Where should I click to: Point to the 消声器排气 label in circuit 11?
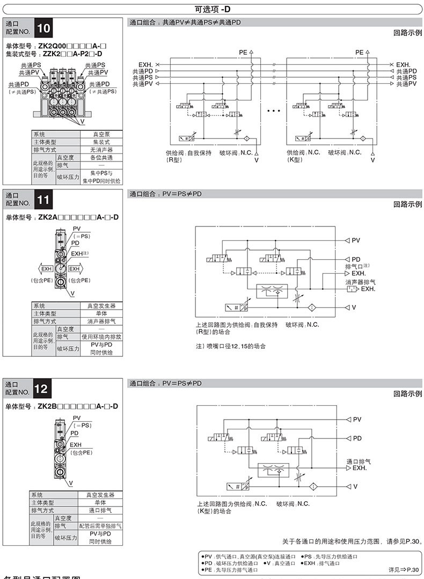[x=360, y=282]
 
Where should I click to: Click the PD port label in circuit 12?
[x=357, y=438]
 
